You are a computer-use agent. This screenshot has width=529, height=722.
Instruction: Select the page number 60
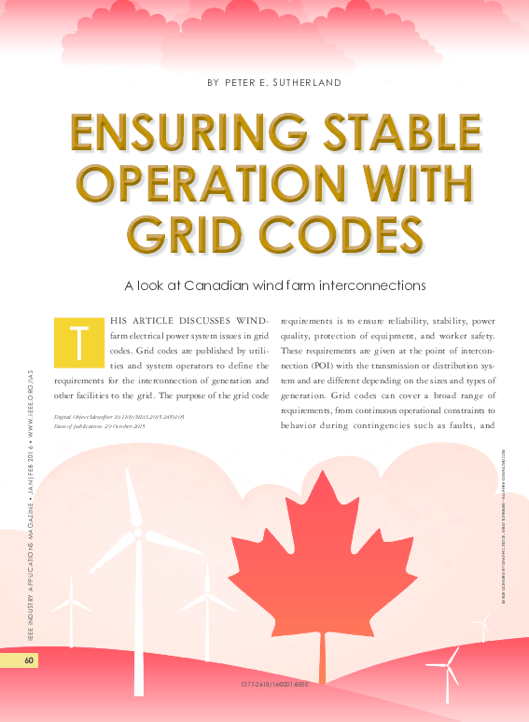[x=29, y=660]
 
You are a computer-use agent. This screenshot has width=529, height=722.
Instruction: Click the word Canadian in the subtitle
[x=250, y=284]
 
